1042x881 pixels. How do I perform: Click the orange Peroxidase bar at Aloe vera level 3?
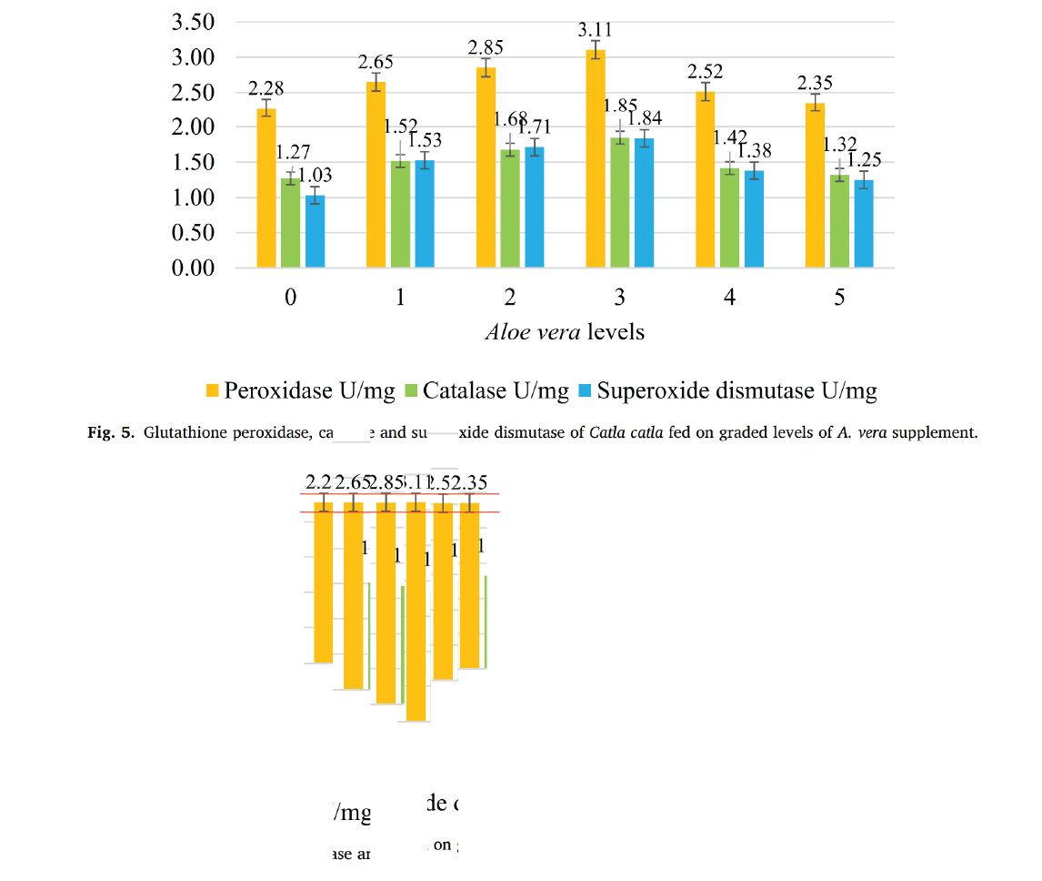tap(596, 159)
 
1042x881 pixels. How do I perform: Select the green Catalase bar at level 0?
tap(290, 223)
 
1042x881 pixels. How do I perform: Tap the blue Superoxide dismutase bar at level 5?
tap(864, 224)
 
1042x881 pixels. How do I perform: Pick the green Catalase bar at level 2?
tap(510, 208)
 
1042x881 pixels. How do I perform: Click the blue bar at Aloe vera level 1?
tap(424, 214)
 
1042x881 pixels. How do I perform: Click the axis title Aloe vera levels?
tap(565, 331)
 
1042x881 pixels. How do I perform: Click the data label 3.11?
tap(596, 31)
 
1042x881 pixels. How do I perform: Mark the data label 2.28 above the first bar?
tap(266, 89)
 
